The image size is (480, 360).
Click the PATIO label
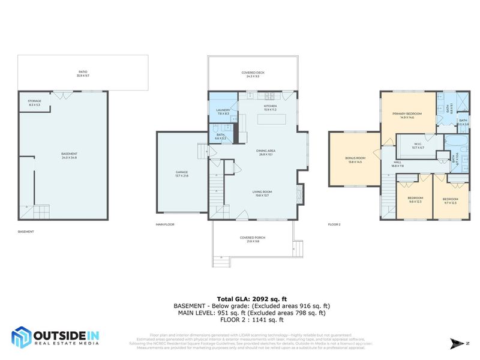(82, 72)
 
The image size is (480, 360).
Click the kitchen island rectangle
(271, 119)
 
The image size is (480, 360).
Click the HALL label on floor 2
(397, 163)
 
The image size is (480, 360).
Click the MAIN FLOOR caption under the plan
(164, 224)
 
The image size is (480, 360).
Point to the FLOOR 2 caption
(334, 224)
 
